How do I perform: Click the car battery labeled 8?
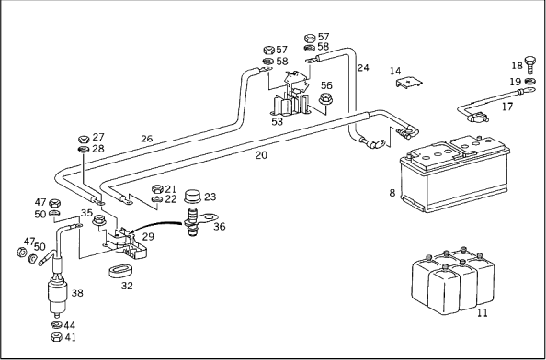coord(454,174)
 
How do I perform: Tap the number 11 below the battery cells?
coord(482,312)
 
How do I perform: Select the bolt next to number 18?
coord(530,64)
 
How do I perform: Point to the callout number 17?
coord(507,107)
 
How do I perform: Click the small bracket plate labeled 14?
coord(409,83)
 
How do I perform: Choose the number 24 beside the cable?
coord(363,67)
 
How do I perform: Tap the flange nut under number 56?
coord(325,98)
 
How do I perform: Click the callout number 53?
coord(278,122)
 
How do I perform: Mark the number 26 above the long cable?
coord(146,139)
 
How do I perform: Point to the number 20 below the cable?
coord(261,155)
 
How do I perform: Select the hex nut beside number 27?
coord(84,140)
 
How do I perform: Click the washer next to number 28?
coord(84,150)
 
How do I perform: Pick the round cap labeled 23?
coord(193,197)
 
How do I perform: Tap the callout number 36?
coord(220,227)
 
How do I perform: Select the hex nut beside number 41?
coord(56,337)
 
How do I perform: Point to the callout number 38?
coord(77,293)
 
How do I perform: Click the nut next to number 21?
coord(157,189)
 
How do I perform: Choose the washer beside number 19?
coord(530,82)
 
